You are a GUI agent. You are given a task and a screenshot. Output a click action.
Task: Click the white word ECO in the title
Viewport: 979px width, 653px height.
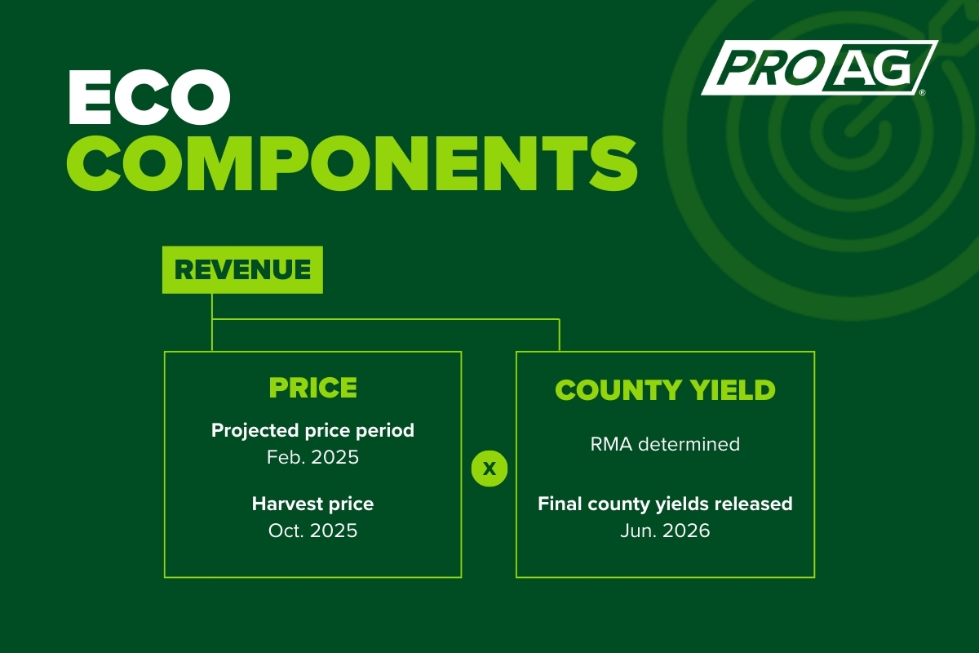149,97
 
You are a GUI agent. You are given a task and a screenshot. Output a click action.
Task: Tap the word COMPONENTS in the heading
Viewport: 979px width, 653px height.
352,162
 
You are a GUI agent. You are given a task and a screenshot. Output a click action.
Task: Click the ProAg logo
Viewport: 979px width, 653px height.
819,68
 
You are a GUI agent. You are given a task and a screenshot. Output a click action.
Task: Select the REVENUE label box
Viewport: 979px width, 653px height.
242,269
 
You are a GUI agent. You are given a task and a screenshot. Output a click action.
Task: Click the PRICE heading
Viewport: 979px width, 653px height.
313,388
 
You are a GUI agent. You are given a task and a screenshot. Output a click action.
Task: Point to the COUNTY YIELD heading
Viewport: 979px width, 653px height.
665,389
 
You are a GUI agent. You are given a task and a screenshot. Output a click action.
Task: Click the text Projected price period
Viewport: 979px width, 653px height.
313,430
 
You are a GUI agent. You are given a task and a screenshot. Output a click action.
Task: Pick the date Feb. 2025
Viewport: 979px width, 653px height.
313,457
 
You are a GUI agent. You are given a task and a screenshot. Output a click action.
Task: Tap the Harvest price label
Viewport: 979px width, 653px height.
313,504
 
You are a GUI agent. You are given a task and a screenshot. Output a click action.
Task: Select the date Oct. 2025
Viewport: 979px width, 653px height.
313,531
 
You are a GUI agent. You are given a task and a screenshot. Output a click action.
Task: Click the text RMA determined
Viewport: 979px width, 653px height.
665,444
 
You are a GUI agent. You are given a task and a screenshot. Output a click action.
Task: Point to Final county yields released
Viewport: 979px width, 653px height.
665,504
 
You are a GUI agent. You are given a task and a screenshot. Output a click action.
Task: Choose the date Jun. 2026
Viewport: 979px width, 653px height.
665,531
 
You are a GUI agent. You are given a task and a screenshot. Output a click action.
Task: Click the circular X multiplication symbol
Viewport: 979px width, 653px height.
489,469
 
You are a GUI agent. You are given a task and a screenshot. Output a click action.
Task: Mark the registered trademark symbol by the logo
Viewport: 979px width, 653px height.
923,93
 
